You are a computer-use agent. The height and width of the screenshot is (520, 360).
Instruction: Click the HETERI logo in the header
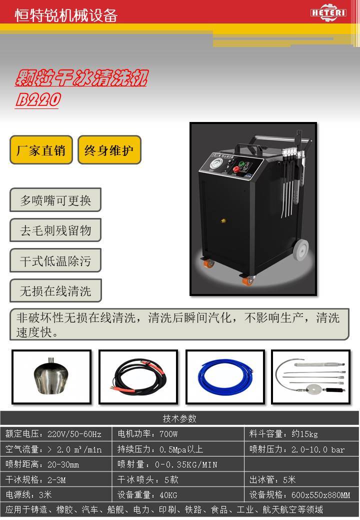[x=328, y=12]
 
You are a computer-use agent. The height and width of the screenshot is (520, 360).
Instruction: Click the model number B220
[x=38, y=99]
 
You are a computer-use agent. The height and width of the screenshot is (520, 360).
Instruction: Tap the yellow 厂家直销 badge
[x=41, y=150]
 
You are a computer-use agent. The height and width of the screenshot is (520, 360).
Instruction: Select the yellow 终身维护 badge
[x=109, y=150]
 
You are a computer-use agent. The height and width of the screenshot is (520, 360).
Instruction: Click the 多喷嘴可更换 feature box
[x=55, y=200]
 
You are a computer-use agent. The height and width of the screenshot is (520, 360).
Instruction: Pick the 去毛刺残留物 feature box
[x=55, y=230]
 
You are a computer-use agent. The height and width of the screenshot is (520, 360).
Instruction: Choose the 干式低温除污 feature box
[x=55, y=260]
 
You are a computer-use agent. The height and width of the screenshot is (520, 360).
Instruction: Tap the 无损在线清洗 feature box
[x=55, y=290]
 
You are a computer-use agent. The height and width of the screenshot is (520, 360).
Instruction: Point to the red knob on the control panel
[x=236, y=170]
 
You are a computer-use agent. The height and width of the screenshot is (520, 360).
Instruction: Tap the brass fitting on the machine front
[x=223, y=220]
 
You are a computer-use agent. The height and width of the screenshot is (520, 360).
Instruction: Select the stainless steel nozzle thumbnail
[x=51, y=377]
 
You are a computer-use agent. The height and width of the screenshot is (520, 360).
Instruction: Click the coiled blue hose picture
[x=225, y=377]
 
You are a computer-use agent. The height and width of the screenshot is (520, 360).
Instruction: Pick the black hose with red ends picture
[x=138, y=377]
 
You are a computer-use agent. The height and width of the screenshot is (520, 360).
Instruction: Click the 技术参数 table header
[x=179, y=418]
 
